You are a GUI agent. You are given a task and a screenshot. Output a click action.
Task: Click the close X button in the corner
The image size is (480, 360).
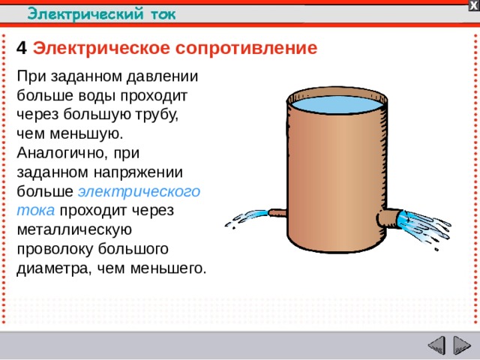pos(473,5)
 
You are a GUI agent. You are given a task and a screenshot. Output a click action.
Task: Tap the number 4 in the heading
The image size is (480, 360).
pos(21,49)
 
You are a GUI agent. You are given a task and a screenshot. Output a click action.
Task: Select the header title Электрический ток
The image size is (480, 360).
pos(102,13)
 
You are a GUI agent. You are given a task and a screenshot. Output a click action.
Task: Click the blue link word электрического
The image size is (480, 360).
pos(139,191)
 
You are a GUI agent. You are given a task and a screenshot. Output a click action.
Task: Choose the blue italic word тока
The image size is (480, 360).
pos(34,210)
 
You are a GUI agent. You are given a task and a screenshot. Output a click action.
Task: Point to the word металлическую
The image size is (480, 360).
pos(74,229)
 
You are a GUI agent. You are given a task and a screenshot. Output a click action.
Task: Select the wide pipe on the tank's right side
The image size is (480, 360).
pos(388,219)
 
